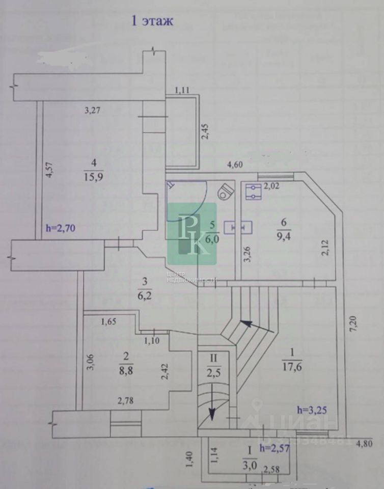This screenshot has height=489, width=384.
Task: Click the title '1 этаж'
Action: pyautogui.click(x=153, y=21)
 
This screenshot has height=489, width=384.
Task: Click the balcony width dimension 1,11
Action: pyautogui.click(x=182, y=90)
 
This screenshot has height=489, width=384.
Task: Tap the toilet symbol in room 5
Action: pyautogui.click(x=224, y=193)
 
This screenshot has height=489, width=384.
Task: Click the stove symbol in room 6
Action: pyautogui.click(x=253, y=193)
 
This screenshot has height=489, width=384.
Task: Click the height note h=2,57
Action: pyautogui.click(x=275, y=448)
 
